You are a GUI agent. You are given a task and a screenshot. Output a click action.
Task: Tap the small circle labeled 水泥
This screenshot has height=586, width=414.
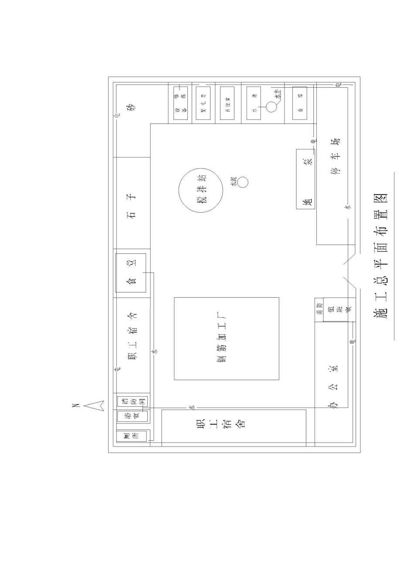243,182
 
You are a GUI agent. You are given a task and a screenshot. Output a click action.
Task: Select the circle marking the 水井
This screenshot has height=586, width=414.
271,106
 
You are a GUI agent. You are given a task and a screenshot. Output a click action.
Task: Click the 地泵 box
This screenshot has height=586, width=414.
305,179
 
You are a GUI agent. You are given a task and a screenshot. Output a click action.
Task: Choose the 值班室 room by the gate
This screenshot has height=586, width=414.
339,310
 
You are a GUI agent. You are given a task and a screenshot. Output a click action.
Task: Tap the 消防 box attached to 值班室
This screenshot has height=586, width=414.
319,310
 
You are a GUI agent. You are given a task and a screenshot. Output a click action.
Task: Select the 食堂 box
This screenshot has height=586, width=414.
131,273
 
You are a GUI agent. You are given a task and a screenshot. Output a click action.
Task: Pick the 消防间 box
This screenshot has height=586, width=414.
133,401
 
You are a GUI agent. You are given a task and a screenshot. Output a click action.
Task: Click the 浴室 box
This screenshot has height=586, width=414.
133,416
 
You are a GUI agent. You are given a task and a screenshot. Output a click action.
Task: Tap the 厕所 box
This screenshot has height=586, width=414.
133,436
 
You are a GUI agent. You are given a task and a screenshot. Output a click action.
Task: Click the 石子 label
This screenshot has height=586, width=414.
131,205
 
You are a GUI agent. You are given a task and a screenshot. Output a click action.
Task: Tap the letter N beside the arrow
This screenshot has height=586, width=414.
75,406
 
